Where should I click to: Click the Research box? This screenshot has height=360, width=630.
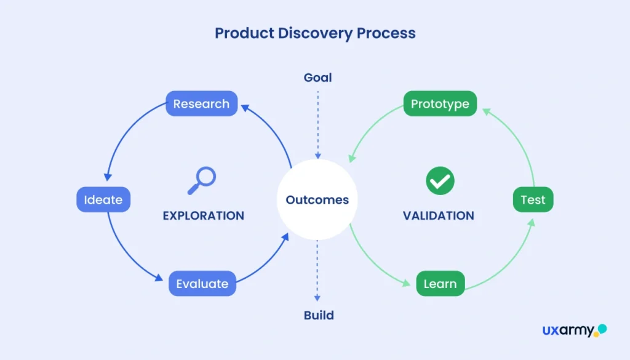201,104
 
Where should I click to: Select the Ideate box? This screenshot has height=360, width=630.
103,199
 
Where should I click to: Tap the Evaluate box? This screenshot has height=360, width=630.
202,284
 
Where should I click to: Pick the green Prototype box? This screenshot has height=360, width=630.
440,104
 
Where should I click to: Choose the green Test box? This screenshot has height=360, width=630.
533,199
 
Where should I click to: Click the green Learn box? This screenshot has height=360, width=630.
440,284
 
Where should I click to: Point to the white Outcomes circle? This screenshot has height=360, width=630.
317,199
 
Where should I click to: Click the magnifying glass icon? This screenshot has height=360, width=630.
202,180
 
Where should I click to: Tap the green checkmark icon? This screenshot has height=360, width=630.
440,181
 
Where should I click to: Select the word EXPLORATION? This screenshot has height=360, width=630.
203,216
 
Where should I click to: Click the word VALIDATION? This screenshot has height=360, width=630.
439,216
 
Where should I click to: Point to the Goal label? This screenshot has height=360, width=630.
317,78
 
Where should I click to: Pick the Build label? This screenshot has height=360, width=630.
319,316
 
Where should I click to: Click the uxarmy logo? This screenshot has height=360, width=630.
574,330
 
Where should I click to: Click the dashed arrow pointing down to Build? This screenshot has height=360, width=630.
318,271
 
